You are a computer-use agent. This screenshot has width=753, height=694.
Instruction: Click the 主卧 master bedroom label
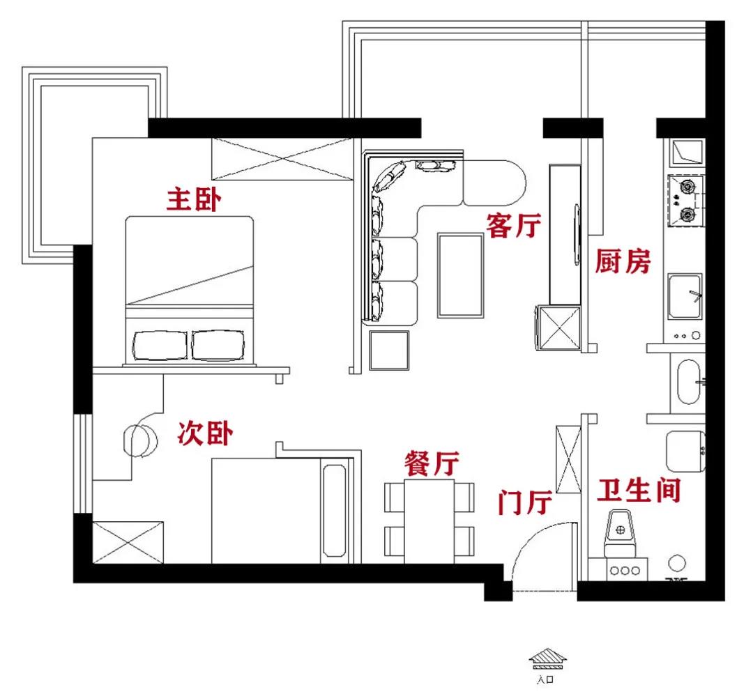pyautogui.click(x=194, y=200)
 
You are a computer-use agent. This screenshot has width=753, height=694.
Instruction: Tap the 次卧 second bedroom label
pyautogui.click(x=205, y=433)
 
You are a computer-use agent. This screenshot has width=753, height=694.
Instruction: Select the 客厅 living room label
pyautogui.click(x=514, y=226)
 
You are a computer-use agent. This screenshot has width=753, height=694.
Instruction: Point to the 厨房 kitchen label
pyautogui.click(x=623, y=261)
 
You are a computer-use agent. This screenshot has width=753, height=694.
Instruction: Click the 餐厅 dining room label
pyautogui.click(x=432, y=463)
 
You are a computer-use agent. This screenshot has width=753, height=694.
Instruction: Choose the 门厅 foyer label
pyautogui.click(x=525, y=502)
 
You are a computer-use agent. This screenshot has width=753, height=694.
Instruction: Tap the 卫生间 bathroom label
pyautogui.click(x=639, y=491)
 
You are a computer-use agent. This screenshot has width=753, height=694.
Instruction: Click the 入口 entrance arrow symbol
pyautogui.click(x=547, y=658)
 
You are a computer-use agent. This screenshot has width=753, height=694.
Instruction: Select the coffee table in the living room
pyautogui.click(x=461, y=275)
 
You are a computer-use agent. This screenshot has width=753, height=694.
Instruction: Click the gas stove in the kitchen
pyautogui.click(x=686, y=201)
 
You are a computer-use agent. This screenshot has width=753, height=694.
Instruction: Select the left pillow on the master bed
pyautogui.click(x=159, y=346)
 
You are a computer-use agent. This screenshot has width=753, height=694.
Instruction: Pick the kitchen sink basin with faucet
pyautogui.click(x=685, y=297)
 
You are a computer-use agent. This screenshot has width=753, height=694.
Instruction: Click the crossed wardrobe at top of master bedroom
pyautogui.click(x=283, y=159)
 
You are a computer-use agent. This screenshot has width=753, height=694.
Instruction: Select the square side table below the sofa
pyautogui.click(x=389, y=350)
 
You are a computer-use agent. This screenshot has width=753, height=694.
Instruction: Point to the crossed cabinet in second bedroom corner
pyautogui.click(x=128, y=542)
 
